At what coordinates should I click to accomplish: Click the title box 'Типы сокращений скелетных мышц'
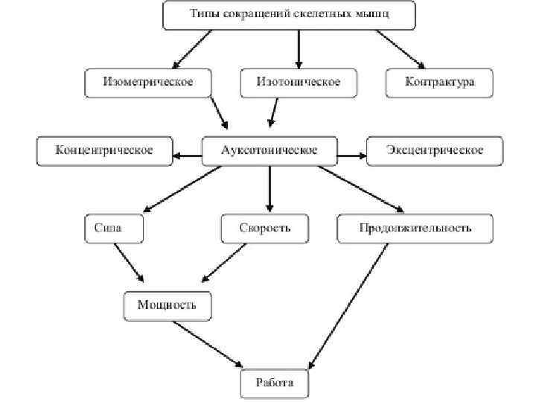point(289,15)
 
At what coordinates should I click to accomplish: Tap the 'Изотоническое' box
point(299,82)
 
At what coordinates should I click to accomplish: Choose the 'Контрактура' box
point(440,82)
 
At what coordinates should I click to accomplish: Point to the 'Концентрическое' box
point(105,150)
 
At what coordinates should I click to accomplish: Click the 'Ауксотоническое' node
point(269,150)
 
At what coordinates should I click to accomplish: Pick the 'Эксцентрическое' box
point(435,150)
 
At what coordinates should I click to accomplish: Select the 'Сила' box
point(113,229)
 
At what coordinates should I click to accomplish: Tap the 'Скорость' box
point(265,229)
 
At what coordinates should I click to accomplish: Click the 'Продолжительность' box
point(415,229)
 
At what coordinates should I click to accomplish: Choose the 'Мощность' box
point(167,305)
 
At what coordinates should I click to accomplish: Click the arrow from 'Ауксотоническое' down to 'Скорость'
point(269,190)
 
